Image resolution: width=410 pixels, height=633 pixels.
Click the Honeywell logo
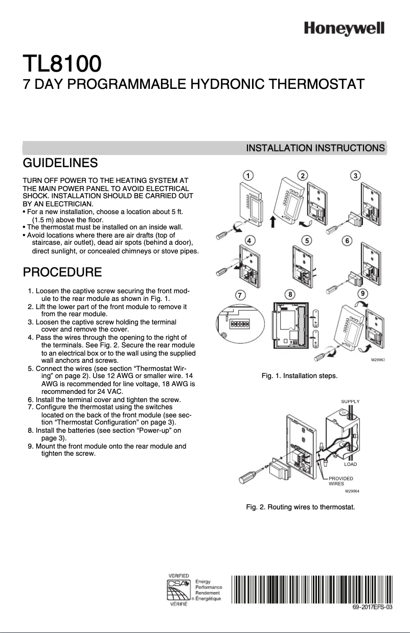pos(344,29)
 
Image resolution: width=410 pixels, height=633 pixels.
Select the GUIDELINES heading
pos(60,163)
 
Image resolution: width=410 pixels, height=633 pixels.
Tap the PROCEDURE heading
pos(62,271)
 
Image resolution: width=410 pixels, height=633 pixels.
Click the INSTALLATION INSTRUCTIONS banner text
pos(315,148)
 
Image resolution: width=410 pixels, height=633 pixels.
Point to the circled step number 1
pos(247,175)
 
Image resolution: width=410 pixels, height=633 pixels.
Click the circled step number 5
pos(306,240)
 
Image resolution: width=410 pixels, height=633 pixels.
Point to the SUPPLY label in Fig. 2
pos(350,402)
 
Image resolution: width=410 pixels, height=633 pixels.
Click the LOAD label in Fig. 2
pos(350,464)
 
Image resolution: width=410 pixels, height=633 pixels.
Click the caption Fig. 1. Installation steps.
pos(299,376)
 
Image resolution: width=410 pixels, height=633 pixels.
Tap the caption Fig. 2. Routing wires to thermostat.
pos(300,507)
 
